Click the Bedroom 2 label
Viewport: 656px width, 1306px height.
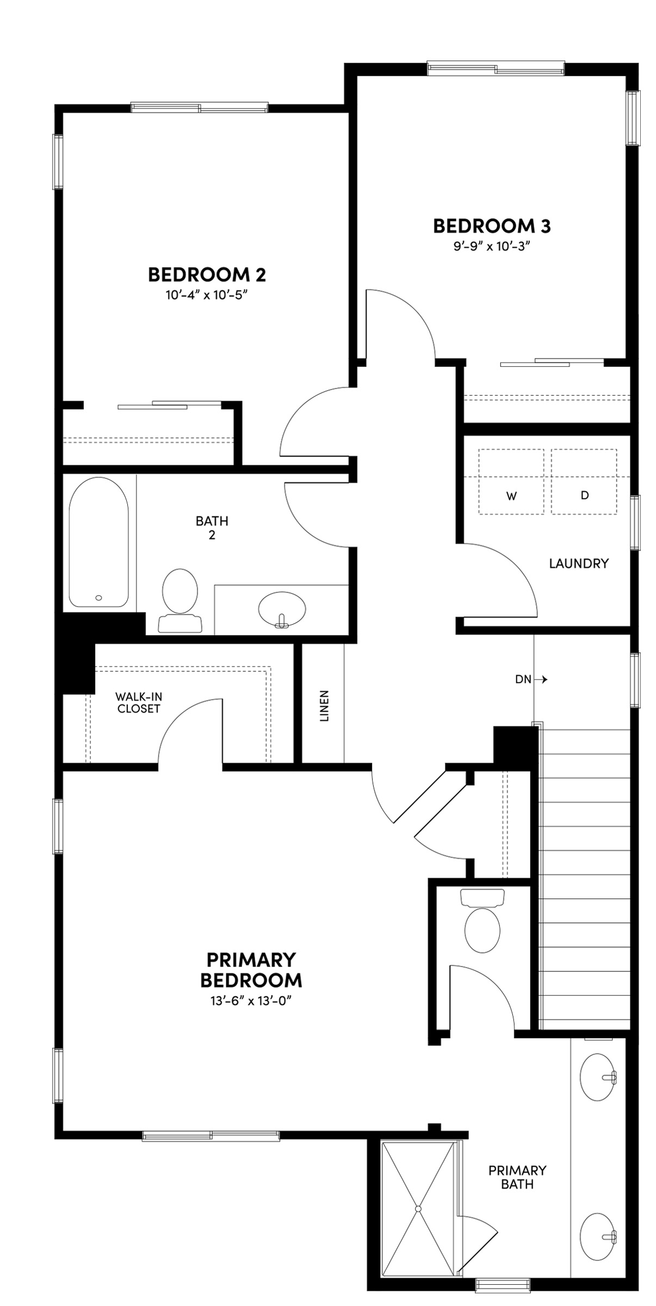point(207,275)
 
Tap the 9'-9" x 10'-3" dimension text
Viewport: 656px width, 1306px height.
point(491,247)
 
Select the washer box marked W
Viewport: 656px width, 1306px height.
point(511,482)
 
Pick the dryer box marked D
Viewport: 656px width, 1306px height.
point(584,482)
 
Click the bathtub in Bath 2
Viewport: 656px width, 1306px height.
point(98,543)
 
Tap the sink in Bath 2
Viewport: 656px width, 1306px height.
point(281,609)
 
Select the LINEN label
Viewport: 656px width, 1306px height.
point(324,706)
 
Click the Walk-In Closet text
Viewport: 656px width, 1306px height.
point(139,703)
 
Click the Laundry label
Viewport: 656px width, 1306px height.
point(578,563)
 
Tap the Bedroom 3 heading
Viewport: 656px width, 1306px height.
point(491,226)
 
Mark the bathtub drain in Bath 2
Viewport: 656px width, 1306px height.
point(98,597)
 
